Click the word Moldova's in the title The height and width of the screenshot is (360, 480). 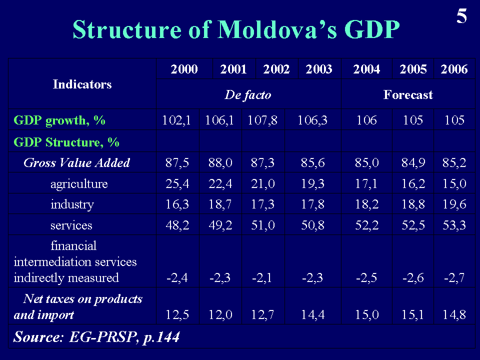(278, 30)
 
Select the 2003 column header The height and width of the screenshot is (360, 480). (319, 69)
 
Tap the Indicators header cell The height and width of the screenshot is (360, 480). (82, 84)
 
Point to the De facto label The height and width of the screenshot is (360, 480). (248, 94)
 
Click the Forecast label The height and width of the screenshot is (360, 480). (408, 94)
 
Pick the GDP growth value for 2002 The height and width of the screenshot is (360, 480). (262, 120)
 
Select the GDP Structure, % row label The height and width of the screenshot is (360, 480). (66, 142)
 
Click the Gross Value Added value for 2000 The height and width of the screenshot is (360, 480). (177, 162)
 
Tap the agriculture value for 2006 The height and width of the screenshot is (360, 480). (454, 184)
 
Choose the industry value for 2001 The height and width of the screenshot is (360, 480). (219, 204)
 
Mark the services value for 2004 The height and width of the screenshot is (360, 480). (366, 225)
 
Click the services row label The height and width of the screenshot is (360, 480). (71, 225)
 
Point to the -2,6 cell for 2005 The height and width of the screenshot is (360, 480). (413, 278)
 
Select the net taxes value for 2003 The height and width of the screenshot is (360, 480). (312, 315)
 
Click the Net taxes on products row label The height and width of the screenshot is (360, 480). (78, 306)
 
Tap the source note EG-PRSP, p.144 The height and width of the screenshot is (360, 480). (96, 337)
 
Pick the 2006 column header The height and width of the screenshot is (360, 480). (454, 69)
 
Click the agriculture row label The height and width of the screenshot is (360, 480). (79, 184)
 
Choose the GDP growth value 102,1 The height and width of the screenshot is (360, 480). (177, 120)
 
